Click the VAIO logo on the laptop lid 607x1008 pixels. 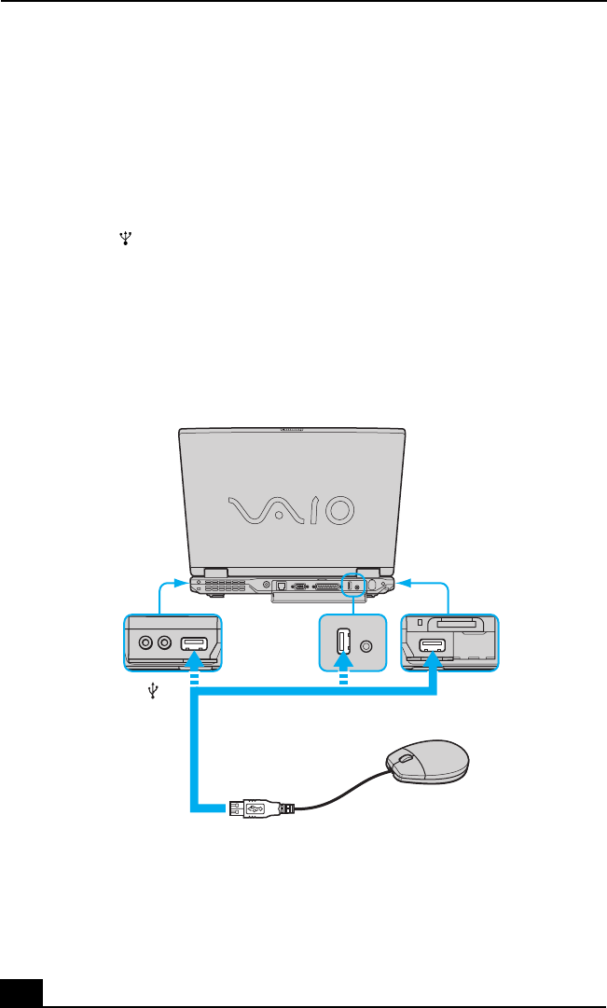pos(291,509)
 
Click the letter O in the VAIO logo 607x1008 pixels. pos(335,509)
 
